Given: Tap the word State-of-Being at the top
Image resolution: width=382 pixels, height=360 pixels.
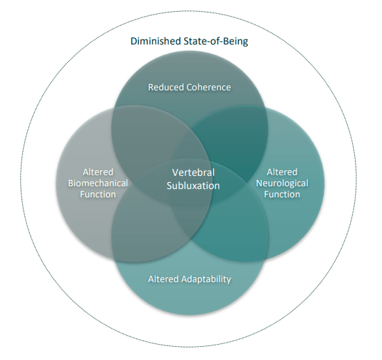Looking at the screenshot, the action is tap(216, 42).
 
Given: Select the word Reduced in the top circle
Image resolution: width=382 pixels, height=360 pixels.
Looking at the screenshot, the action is tap(166, 87).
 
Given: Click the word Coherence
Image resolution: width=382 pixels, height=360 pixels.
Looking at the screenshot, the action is tap(208, 87).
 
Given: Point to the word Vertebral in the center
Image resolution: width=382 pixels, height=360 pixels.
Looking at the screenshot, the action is tap(193, 172).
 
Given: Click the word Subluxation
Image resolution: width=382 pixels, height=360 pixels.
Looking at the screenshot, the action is tap(193, 186).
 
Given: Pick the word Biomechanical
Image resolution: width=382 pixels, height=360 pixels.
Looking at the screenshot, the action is tap(98, 183).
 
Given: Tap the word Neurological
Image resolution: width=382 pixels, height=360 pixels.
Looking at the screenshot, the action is tap(282, 183).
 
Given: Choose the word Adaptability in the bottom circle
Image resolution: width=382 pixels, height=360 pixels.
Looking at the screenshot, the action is tap(206, 279).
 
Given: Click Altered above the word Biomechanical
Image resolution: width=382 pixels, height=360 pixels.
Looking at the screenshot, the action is tap(98, 172).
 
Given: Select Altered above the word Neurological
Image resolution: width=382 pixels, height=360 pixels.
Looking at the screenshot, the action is tap(282, 172).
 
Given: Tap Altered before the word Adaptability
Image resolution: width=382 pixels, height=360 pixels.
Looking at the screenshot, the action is tap(164, 279).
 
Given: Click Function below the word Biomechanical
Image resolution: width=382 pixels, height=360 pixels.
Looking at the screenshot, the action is tap(98, 195).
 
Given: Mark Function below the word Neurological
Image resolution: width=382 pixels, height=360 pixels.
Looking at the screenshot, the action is tap(282, 195).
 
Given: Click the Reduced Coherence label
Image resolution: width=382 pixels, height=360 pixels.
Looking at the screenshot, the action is tap(190, 87).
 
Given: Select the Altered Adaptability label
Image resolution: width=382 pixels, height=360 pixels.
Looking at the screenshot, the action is tap(190, 279).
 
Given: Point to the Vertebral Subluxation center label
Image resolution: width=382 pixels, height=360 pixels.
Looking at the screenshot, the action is tap(193, 179).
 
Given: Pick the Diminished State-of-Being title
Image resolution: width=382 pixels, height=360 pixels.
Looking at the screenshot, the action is tap(190, 42).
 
